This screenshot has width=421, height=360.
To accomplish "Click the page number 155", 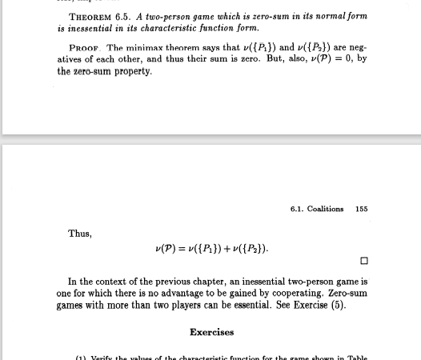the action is click(x=361, y=209).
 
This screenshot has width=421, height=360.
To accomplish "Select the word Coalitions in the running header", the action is click(x=325, y=209).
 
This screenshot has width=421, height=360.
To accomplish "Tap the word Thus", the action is click(x=80, y=234).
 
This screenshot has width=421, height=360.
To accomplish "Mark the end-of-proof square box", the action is click(x=364, y=261).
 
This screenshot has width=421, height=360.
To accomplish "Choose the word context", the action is click(x=116, y=282).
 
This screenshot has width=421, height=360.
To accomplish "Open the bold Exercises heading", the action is click(x=211, y=332).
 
